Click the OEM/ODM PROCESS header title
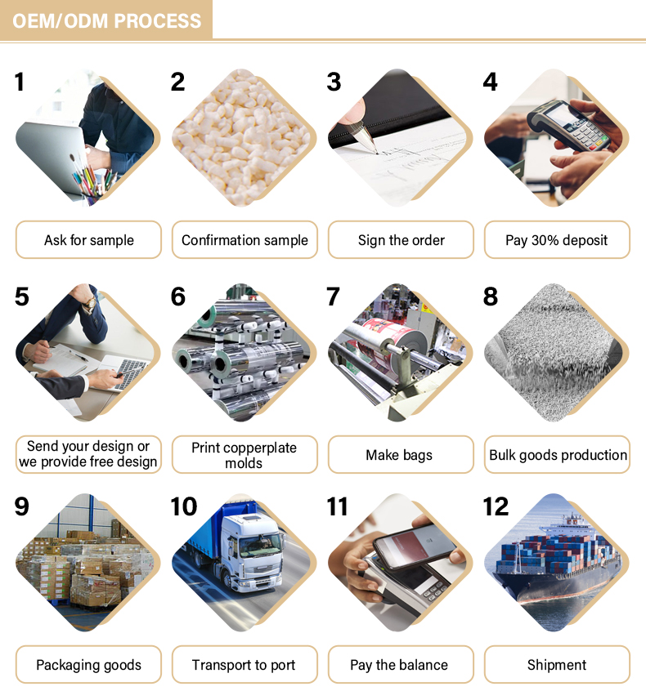107,21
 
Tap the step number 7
333,296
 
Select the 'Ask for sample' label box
88,240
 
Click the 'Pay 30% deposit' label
557,240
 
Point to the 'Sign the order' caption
401,240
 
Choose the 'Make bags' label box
401,454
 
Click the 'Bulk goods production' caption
557,454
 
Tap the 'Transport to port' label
244,664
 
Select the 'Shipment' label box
557,664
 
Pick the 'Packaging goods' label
88,664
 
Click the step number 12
496,506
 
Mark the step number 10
184,506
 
